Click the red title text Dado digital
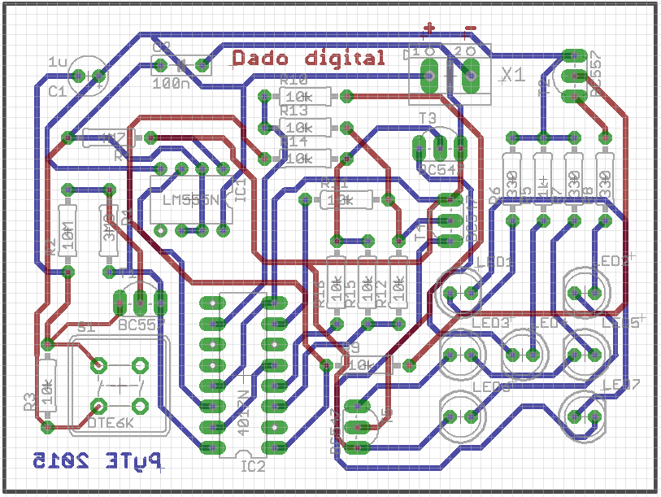(308, 59)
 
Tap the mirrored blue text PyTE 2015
(96, 462)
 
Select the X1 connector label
(512, 76)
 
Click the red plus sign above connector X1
(429, 30)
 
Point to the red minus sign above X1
(470, 30)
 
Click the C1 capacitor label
(57, 92)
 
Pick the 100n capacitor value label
(169, 82)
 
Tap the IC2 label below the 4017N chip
(254, 466)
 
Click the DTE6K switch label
(111, 422)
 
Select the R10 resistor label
(293, 81)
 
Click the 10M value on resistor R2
(68, 237)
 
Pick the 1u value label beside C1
(59, 62)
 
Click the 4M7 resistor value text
(107, 138)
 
